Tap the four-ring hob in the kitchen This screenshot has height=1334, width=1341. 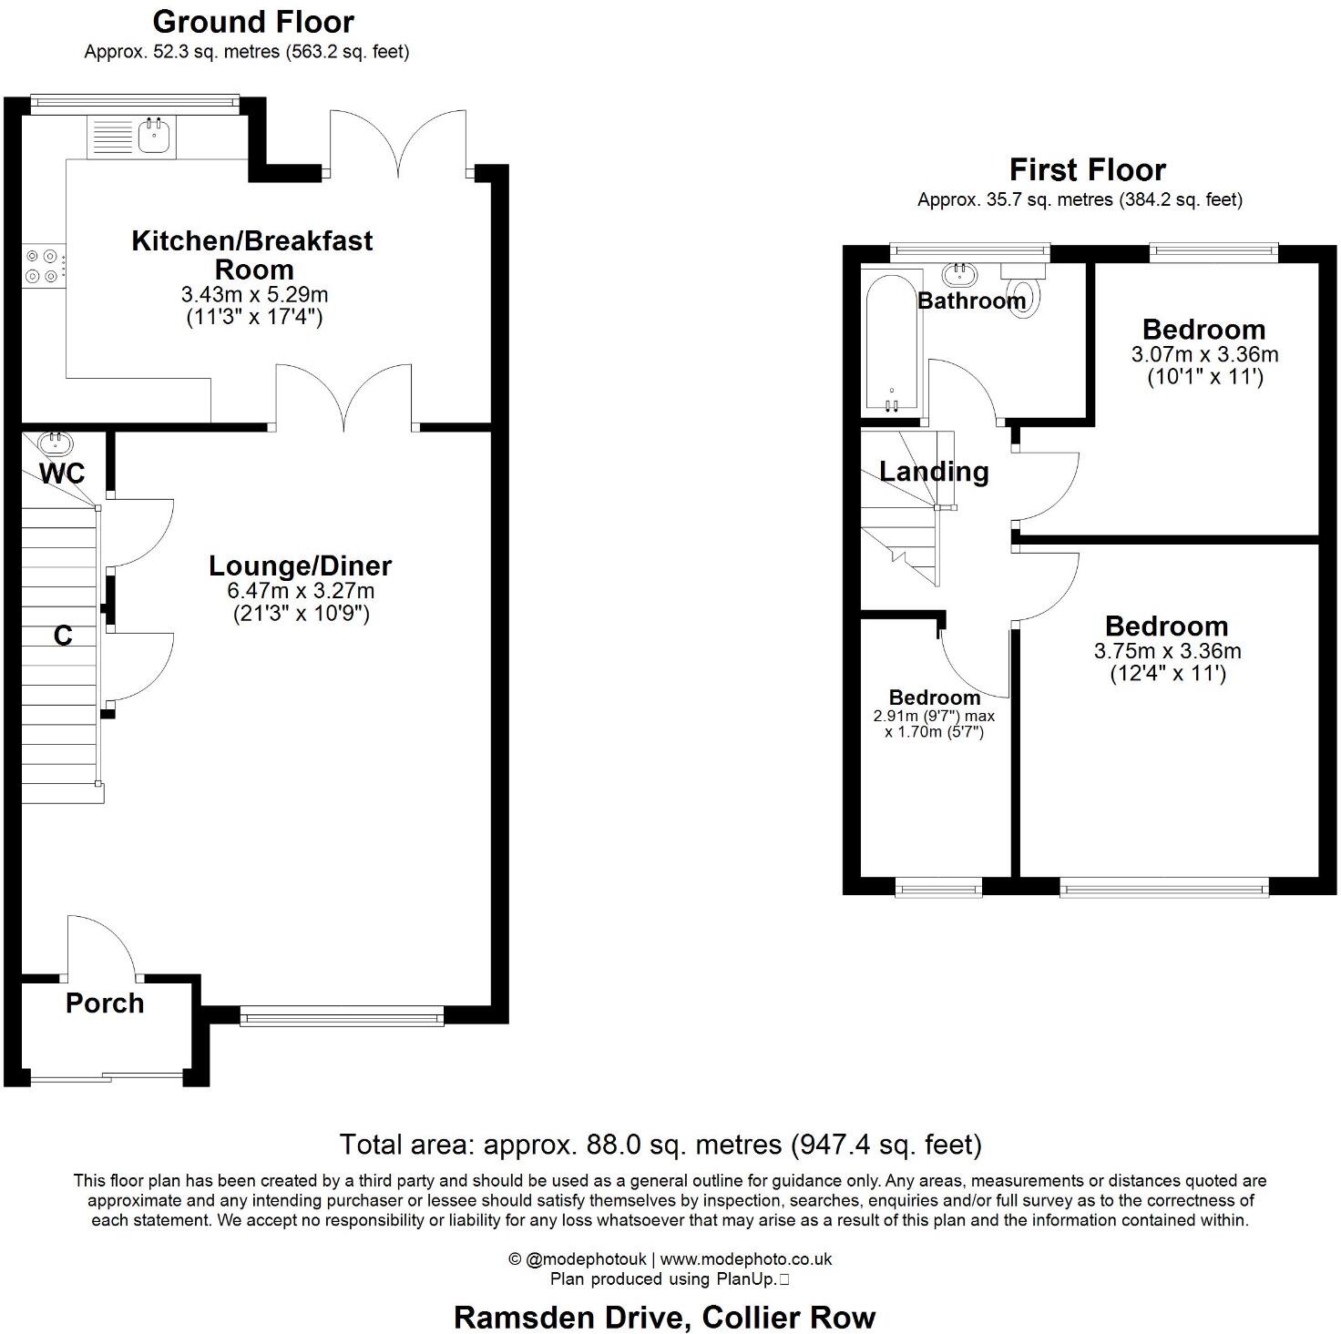point(43,266)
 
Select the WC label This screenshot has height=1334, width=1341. point(63,474)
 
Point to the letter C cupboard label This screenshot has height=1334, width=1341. point(62,636)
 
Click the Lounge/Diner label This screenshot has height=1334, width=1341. point(300,565)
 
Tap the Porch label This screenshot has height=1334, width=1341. point(105,1003)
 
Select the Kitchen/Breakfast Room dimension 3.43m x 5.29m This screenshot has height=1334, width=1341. point(254,295)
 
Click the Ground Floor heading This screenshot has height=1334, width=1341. point(253,21)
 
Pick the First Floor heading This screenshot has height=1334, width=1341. point(1087,169)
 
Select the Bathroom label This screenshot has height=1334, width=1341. point(971,300)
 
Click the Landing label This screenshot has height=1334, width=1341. point(934,472)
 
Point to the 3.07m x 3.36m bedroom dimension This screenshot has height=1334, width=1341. point(1204,354)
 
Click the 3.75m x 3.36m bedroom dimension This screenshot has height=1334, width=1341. point(1167,651)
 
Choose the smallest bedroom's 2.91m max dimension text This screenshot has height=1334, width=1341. point(934,717)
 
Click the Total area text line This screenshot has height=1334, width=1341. point(660,1144)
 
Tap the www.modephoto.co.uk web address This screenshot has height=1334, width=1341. point(746,1259)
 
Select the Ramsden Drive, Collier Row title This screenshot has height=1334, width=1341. point(664,1317)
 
